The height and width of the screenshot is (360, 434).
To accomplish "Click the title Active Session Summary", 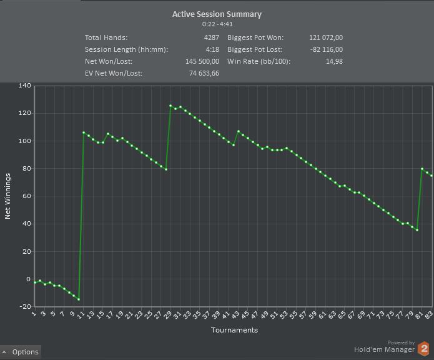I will tap(217, 14).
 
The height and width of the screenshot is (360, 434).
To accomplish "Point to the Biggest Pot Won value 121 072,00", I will tap(326, 37).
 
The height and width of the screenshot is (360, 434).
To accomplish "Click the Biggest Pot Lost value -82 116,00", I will tap(327, 49).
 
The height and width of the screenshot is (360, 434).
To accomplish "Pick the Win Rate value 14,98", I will tap(334, 61).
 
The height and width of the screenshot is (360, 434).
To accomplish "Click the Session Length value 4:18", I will tap(212, 49).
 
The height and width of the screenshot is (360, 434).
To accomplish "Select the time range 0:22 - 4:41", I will tap(217, 24).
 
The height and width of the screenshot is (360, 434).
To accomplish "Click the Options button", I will tap(21, 352).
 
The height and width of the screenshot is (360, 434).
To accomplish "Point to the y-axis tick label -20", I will tap(25, 307).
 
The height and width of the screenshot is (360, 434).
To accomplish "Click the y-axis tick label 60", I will tap(26, 196).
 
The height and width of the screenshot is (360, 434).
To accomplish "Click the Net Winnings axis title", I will tap(8, 196).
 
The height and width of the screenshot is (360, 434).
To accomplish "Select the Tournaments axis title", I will tap(234, 330).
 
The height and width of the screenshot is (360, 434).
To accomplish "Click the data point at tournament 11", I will tap(84, 132).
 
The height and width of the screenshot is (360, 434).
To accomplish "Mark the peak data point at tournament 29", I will tap(170, 106).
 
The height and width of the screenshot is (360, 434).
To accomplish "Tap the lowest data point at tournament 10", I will tap(79, 299).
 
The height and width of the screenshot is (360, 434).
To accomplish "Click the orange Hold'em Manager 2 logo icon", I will tap(424, 349).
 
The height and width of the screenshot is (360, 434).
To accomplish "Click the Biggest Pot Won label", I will tap(255, 37).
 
